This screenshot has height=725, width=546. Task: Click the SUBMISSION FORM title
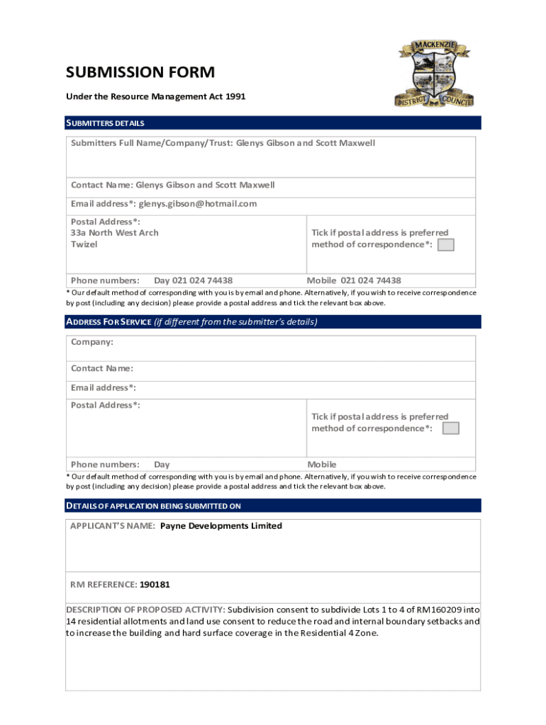click(x=140, y=72)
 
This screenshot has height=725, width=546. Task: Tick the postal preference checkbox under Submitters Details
click(x=445, y=245)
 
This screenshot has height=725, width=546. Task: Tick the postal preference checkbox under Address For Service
click(x=450, y=428)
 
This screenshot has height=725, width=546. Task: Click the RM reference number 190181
click(x=155, y=585)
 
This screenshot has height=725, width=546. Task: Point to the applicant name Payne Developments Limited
click(x=221, y=526)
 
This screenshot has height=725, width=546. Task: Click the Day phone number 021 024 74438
click(x=193, y=280)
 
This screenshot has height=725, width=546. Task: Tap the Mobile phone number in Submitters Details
click(x=371, y=280)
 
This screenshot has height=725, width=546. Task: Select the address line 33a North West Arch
click(x=114, y=233)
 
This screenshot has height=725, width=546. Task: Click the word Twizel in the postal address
click(x=84, y=244)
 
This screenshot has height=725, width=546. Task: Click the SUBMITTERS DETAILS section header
click(x=105, y=123)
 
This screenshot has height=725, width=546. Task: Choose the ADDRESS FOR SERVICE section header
click(x=108, y=322)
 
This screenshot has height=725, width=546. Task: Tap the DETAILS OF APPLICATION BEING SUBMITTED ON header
click(x=153, y=506)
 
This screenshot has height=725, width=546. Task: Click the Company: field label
click(x=91, y=342)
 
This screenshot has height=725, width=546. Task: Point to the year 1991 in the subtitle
click(x=235, y=96)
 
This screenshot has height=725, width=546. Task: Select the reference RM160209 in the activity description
click(x=432, y=610)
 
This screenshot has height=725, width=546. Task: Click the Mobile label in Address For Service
click(x=321, y=464)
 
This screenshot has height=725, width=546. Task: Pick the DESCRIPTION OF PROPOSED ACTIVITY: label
click(x=145, y=610)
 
